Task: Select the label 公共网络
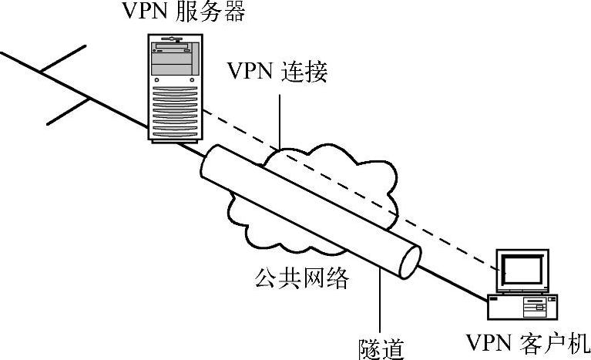(x=301, y=278)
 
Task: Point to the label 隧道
(x=381, y=346)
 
